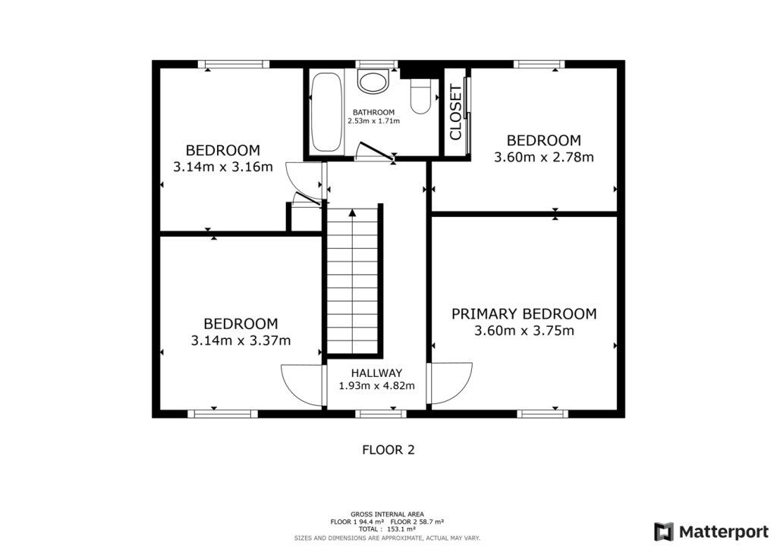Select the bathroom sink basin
tap(373, 81)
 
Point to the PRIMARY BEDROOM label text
tap(524, 314)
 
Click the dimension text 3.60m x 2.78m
tap(543, 158)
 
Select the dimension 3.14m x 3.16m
tap(222, 168)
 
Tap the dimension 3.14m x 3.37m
tap(241, 340)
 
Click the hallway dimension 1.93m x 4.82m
tap(376, 385)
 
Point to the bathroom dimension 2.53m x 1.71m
tap(373, 121)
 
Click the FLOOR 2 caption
tap(388, 450)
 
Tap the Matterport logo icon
tap(664, 531)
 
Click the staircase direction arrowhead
tap(352, 213)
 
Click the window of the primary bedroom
tap(543, 413)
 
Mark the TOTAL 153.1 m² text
tap(388, 529)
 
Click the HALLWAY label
tap(376, 373)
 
